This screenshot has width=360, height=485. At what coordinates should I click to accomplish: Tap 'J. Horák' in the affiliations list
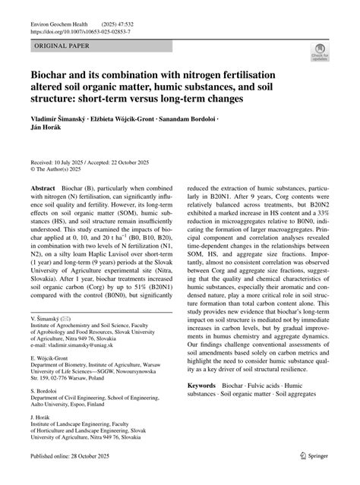click(x=43, y=417)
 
